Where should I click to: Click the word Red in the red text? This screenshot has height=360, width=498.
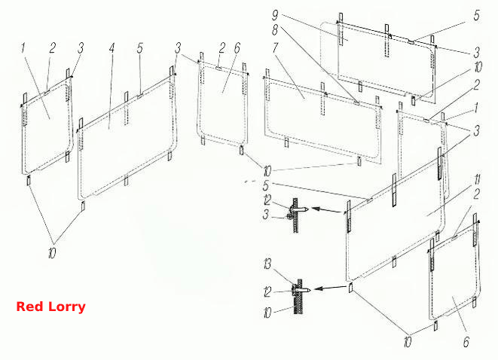click(x=29, y=307)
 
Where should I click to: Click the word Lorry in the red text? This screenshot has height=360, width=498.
click(x=67, y=307)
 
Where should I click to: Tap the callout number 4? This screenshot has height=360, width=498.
click(x=112, y=48)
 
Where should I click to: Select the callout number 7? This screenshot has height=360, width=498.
click(x=275, y=47)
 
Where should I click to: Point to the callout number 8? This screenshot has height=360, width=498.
click(x=275, y=30)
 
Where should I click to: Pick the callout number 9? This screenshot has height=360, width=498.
click(x=275, y=15)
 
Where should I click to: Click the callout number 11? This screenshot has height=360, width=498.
click(x=477, y=180)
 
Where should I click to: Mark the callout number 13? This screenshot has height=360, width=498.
click(x=267, y=264)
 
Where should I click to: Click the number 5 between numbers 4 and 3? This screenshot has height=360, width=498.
click(x=140, y=48)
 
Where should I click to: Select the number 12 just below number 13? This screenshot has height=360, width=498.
click(x=267, y=291)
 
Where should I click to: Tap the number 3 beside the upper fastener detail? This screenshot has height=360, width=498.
click(x=266, y=215)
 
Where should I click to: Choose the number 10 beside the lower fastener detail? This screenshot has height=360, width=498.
click(x=267, y=313)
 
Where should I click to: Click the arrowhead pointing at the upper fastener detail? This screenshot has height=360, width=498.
click(x=316, y=209)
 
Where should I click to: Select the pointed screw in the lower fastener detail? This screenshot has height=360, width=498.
click(x=301, y=290)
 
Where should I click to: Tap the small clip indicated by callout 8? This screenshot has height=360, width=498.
click(x=356, y=102)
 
